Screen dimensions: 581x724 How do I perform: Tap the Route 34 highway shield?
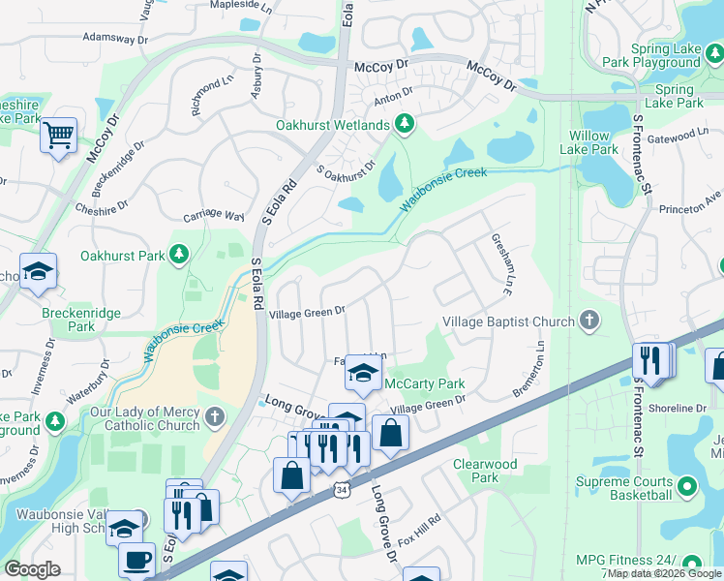pos(341,491)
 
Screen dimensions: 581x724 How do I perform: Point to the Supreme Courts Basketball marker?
pos(687,484)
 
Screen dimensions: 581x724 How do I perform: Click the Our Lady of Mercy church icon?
pos(214,417)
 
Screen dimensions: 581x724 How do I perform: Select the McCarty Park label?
pos(425,384)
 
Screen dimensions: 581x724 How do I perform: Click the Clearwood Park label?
pos(485,471)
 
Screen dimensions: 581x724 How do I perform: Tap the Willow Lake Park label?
pos(589,142)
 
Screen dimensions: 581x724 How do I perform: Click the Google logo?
pos(33,568)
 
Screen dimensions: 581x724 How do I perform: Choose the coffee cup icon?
pos(136,560)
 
